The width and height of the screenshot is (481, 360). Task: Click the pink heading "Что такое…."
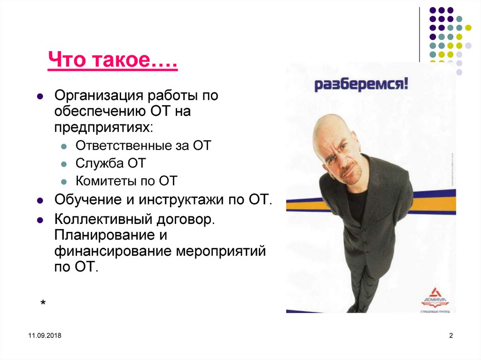click(112, 61)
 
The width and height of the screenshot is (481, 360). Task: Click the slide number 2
click(451, 335)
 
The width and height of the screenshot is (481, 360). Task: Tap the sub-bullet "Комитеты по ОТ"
click(127, 181)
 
